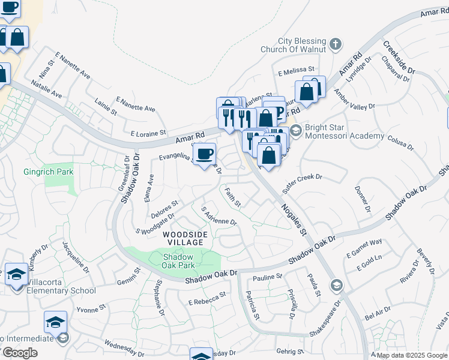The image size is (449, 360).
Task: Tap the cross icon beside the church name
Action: pos(336,44)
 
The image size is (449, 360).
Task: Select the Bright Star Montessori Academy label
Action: pos(345,132)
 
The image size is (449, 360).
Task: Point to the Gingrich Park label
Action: pos(48,172)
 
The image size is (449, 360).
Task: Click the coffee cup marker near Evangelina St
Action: pos(205,154)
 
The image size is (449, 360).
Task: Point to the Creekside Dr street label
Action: pos(398,62)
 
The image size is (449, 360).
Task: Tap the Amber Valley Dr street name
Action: pos(355,100)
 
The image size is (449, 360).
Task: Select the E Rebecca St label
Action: pos(207,298)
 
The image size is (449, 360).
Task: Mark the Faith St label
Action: pos(232,197)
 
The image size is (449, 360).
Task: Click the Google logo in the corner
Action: pos(19,353)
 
